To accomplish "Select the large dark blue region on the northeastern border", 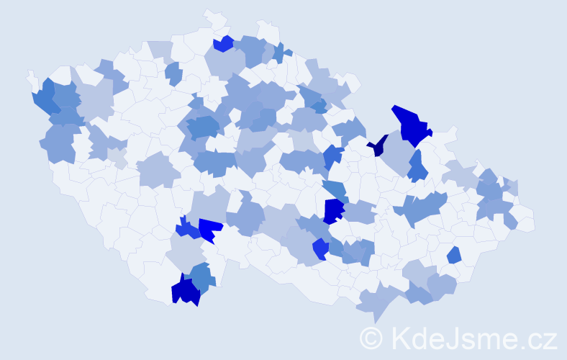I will click(x=411, y=124).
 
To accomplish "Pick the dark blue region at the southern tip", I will click(x=185, y=291).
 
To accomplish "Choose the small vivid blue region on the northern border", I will click(x=223, y=44).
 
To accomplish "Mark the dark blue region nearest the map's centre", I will click(x=333, y=210).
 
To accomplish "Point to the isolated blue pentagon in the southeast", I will click(x=454, y=255).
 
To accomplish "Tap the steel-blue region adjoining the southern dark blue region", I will click(x=204, y=278).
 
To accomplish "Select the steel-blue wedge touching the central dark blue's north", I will click(x=335, y=191).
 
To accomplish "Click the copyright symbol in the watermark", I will click(x=371, y=337).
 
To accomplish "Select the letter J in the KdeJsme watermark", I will click(x=453, y=337).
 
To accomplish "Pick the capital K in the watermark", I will click(x=400, y=337).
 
